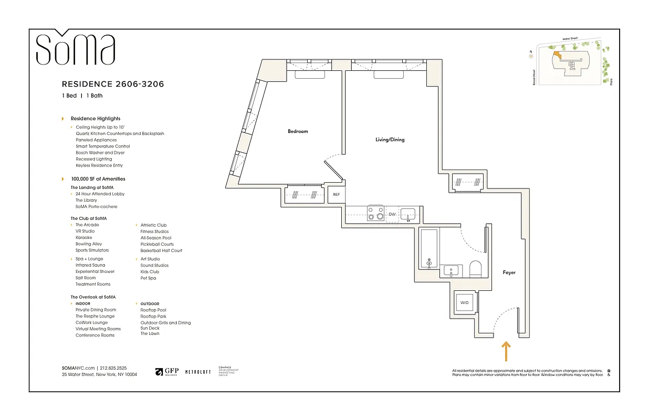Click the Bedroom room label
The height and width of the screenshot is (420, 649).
pyautogui.click(x=298, y=131)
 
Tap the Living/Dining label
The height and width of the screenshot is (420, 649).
pyautogui.click(x=390, y=140)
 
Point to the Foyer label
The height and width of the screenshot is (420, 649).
pyautogui.click(x=509, y=272)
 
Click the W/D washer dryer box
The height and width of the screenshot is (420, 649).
pyautogui.click(x=464, y=303)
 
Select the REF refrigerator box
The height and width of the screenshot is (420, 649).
pyautogui.click(x=336, y=195)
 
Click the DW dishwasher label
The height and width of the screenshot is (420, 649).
pyautogui.click(x=392, y=214)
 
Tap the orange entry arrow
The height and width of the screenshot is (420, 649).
pyautogui.click(x=506, y=351)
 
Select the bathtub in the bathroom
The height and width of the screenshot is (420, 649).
pyautogui.click(x=430, y=249)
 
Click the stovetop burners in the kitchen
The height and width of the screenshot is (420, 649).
pyautogui.click(x=375, y=213)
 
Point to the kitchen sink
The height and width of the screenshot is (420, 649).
pyautogui.click(x=408, y=214)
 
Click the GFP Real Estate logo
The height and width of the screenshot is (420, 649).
pyautogui.click(x=167, y=372)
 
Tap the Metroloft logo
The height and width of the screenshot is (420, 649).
pyautogui.click(x=198, y=372)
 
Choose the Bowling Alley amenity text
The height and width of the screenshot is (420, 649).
pyautogui.click(x=89, y=244)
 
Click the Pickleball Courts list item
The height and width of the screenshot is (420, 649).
pyautogui.click(x=157, y=244)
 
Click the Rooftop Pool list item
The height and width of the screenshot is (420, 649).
pyautogui.click(x=153, y=310)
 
